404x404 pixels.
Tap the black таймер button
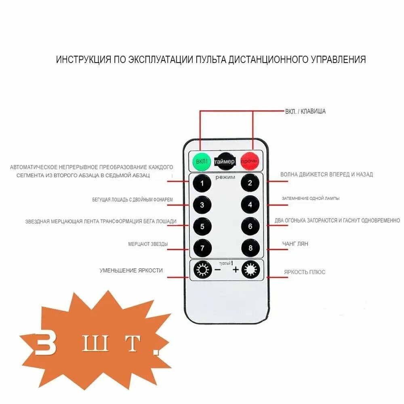click(225, 161)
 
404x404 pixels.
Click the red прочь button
click(250, 161)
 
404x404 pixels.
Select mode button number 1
click(202, 184)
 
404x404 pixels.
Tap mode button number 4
click(250, 205)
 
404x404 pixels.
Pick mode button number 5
click(202, 227)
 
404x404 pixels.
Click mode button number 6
click(250, 227)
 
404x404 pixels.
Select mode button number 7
click(202, 248)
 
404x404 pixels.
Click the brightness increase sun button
click(250, 269)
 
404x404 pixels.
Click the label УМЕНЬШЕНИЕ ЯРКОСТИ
click(131, 270)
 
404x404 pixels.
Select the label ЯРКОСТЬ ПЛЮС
click(305, 272)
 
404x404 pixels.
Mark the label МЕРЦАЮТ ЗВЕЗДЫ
click(148, 244)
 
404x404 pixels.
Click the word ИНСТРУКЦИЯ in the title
click(83, 60)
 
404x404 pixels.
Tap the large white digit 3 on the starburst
click(45, 344)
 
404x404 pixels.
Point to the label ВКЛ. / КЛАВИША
click(305, 112)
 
